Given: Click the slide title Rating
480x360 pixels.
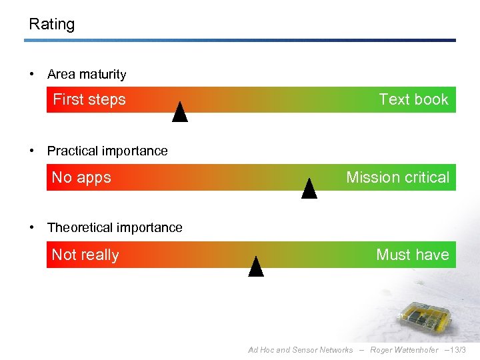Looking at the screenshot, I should [52, 25].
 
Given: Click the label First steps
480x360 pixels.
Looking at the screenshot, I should [89, 100].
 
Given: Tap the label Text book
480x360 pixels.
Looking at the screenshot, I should [413, 100].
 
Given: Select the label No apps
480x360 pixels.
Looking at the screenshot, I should [81, 177].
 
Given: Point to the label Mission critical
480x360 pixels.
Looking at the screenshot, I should [397, 177].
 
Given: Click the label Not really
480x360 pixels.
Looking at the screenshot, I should [85, 255].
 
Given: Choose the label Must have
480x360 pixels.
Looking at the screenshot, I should [412, 255].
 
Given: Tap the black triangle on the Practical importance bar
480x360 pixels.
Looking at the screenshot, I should [309, 190].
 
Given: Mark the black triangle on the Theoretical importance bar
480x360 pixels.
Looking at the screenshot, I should [256, 267].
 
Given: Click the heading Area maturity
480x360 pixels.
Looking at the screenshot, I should [87, 75].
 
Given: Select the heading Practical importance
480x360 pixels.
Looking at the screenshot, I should [107, 151].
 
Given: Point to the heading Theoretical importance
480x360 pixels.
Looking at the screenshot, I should [115, 228].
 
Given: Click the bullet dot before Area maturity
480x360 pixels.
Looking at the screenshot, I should [32, 75].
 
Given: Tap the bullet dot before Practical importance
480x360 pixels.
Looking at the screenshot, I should [32, 151].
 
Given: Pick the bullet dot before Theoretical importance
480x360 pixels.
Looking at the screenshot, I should [32, 228].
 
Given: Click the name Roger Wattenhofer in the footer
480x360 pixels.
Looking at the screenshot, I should [404, 350].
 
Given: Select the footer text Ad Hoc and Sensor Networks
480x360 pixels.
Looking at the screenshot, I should [300, 350].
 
